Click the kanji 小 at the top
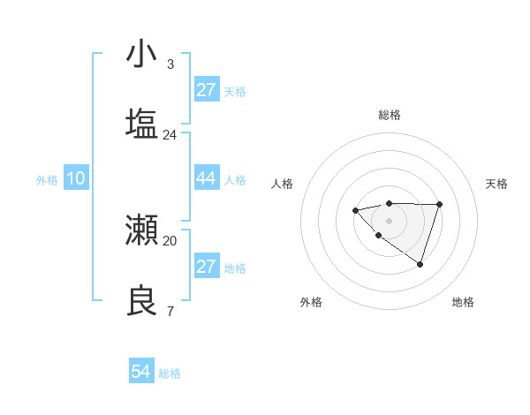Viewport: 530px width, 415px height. click(x=141, y=54)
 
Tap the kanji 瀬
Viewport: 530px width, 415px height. click(x=141, y=230)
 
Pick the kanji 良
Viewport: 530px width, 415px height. click(x=141, y=300)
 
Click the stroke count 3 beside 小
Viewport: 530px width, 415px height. click(x=170, y=64)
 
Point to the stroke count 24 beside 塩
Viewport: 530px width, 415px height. click(x=170, y=134)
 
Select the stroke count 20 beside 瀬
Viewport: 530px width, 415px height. click(x=170, y=240)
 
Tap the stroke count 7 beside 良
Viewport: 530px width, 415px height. click(x=170, y=311)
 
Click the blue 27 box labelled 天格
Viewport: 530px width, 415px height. click(x=206, y=90)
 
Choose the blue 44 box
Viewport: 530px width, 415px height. click(x=206, y=178)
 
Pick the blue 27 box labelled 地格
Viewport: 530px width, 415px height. click(x=206, y=267)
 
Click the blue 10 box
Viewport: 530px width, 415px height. click(x=75, y=178)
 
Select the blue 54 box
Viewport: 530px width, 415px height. click(x=140, y=372)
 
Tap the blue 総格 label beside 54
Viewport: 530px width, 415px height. click(x=170, y=373)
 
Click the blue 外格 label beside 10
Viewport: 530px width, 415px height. click(x=47, y=180)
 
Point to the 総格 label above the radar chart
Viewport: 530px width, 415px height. click(x=389, y=115)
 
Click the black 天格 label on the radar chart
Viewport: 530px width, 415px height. click(x=496, y=184)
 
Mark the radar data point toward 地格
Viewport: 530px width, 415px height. click(x=420, y=264)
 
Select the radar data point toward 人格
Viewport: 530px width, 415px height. click(x=355, y=210)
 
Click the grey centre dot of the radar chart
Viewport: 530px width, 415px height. click(x=389, y=221)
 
